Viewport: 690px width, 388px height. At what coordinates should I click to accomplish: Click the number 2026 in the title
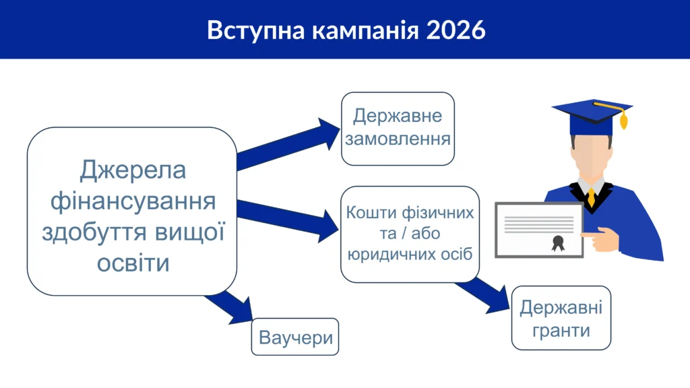click(456, 30)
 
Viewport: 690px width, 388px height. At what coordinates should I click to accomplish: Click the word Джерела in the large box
click(133, 170)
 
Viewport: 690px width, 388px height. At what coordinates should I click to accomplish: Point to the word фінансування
click(133, 201)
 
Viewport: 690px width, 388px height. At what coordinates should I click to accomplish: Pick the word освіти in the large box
click(133, 263)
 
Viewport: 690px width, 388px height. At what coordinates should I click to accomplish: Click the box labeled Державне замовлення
click(398, 129)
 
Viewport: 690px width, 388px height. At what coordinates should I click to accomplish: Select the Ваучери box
click(295, 337)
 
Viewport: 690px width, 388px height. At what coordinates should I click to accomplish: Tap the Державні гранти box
click(561, 318)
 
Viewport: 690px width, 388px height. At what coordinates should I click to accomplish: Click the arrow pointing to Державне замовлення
click(288, 144)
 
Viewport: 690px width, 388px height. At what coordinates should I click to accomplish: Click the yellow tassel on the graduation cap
click(623, 120)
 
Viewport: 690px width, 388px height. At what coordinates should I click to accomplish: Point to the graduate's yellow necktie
click(592, 197)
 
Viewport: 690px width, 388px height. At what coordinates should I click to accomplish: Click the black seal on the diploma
click(558, 243)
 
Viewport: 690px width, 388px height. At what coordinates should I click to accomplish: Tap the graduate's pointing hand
click(601, 239)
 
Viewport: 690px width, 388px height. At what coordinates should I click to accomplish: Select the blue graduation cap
click(592, 117)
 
